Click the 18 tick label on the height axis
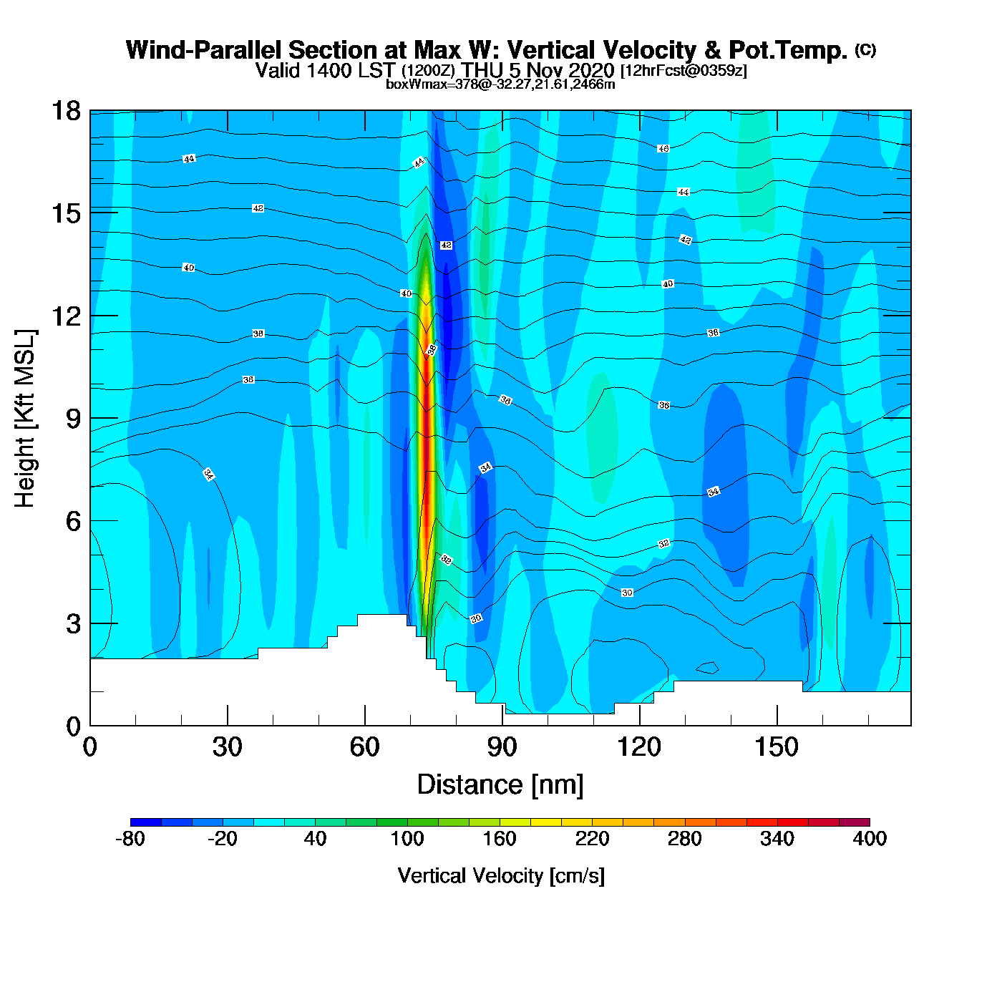[x=65, y=111]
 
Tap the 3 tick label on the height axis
[x=73, y=623]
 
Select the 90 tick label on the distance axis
[x=502, y=747]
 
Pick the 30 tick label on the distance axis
[x=227, y=747]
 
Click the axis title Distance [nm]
[x=500, y=784]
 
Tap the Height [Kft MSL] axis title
[x=25, y=419]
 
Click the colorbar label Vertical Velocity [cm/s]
[x=501, y=875]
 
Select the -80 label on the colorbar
[x=130, y=839]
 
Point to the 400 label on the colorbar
[x=870, y=839]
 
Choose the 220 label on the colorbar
[x=592, y=839]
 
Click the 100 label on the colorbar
[x=407, y=839]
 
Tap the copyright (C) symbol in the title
[x=865, y=49]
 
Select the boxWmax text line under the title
[x=500, y=84]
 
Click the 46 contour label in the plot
[x=663, y=148]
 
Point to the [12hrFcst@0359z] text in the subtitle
[x=684, y=70]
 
